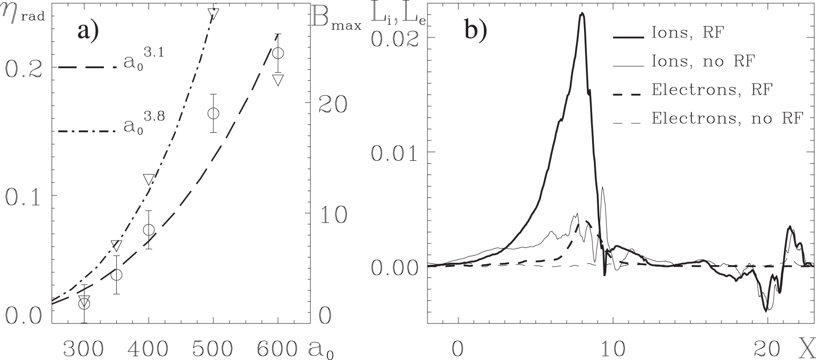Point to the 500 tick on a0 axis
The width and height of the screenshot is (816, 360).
click(x=213, y=349)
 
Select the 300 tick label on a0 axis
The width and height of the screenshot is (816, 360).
click(x=83, y=349)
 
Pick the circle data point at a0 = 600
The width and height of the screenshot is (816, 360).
click(x=278, y=53)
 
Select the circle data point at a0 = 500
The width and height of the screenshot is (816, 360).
click(x=213, y=113)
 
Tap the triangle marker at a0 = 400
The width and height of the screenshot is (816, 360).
click(x=148, y=179)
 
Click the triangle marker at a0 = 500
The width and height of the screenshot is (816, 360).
click(x=213, y=13)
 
